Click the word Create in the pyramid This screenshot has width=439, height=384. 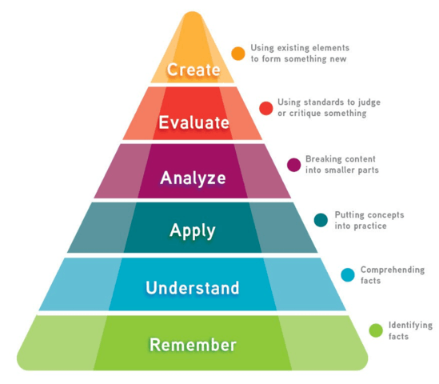pos(194,70)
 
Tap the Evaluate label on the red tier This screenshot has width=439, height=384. pos(194,122)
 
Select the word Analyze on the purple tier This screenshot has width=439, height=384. pos(193,178)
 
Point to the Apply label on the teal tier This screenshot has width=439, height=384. pos(193,231)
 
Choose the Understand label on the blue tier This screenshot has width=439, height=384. pos(193,288)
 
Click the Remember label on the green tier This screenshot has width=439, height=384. pos(193,345)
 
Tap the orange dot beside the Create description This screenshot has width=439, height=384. pos(238,54)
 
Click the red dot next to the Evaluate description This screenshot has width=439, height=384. pos(266,108)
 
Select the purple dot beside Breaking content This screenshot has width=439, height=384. pos(294,165)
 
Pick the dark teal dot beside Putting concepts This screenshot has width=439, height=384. pos(321,220)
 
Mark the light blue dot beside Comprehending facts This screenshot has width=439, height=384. pos(348,274)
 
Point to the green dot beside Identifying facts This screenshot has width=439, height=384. pos(376,330)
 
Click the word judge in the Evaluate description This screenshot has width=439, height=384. pos(368,102)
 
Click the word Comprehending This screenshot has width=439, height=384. pos(393,270)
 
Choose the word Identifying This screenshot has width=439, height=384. pos(410,326)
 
